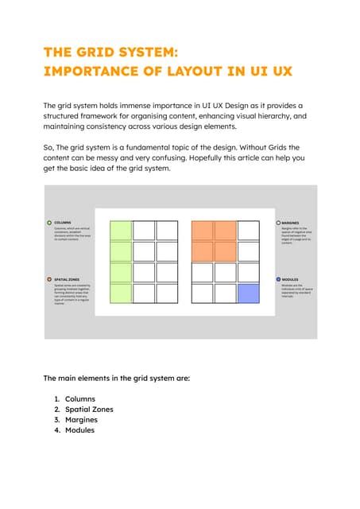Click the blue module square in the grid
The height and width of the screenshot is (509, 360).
click(x=249, y=293)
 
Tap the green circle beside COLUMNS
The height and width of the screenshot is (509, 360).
click(x=49, y=223)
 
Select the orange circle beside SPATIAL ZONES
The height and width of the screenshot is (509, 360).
click(x=49, y=279)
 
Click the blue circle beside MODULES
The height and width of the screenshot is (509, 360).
click(x=278, y=279)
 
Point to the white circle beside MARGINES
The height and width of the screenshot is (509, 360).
click(x=278, y=223)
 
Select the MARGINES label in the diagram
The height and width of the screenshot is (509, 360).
click(x=290, y=223)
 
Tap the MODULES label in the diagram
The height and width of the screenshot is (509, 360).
click(x=290, y=280)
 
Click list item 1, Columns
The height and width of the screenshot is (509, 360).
click(x=79, y=398)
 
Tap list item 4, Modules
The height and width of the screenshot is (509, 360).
click(x=79, y=429)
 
